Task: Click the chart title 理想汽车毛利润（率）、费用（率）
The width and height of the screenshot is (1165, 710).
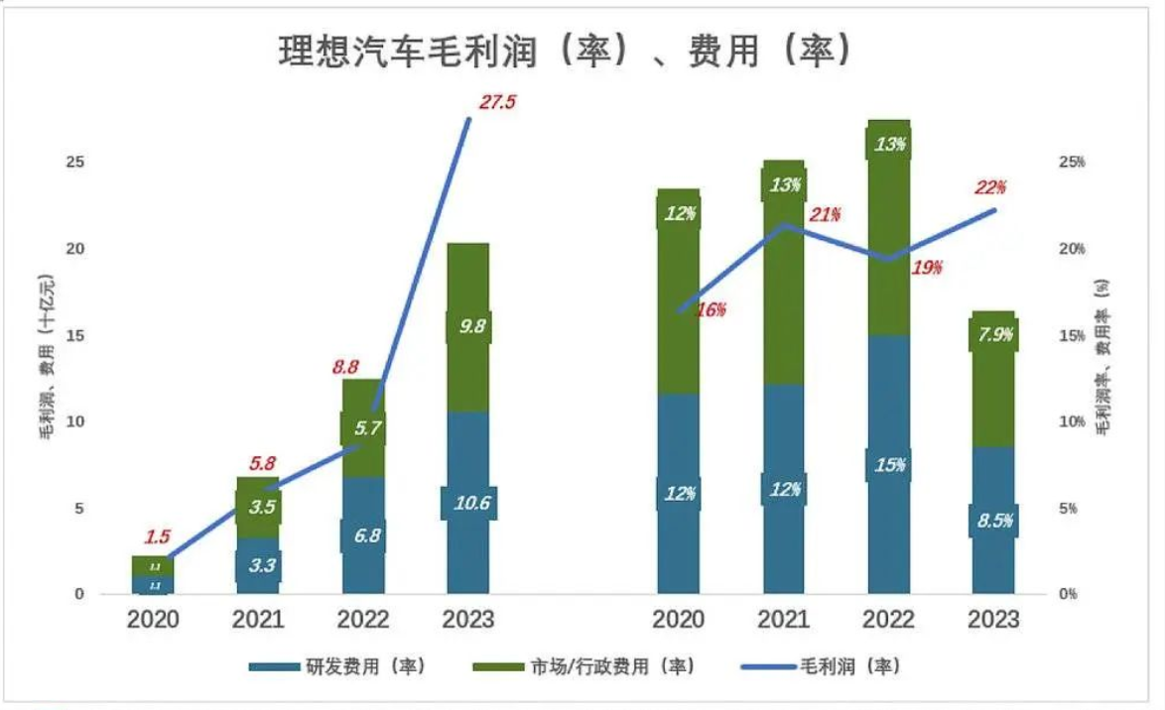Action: [x=565, y=51]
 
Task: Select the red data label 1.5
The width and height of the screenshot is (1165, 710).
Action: [x=157, y=537]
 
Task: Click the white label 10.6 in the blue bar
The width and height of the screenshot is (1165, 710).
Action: [x=468, y=503]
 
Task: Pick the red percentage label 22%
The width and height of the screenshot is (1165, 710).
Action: [x=989, y=187]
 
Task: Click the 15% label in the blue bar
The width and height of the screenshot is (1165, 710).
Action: [x=889, y=464]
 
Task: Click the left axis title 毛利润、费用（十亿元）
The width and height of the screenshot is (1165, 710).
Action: [x=46, y=377]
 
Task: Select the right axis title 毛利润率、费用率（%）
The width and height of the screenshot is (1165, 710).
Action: [x=1102, y=357]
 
